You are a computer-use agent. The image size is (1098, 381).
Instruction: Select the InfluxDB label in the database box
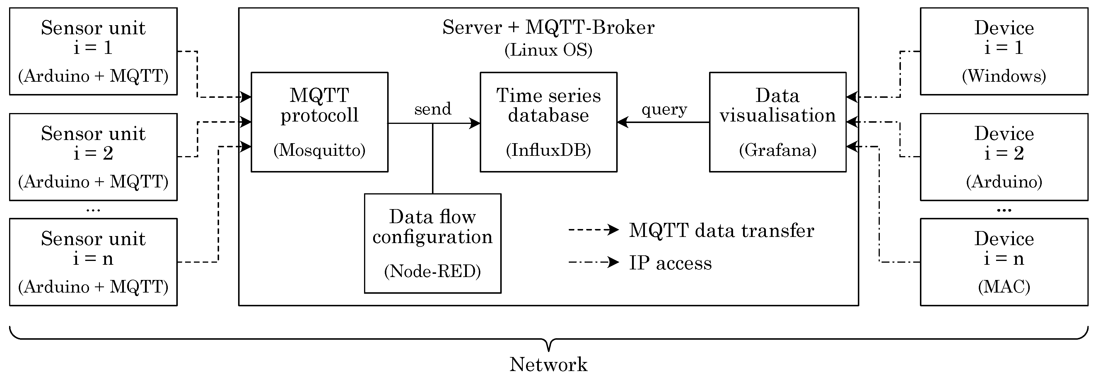point(548,150)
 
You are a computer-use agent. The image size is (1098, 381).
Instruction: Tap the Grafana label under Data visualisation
point(778,150)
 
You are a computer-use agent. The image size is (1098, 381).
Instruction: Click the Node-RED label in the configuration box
point(432,271)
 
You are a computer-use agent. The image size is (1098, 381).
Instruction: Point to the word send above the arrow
point(433,109)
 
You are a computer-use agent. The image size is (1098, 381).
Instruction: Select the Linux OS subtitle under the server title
point(548,50)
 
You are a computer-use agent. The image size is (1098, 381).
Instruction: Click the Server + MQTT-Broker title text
point(548,27)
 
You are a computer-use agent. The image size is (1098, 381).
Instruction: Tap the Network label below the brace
point(548,364)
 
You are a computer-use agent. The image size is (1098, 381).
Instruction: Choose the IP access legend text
point(670,263)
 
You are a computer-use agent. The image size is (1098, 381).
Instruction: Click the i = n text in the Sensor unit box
point(93,258)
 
